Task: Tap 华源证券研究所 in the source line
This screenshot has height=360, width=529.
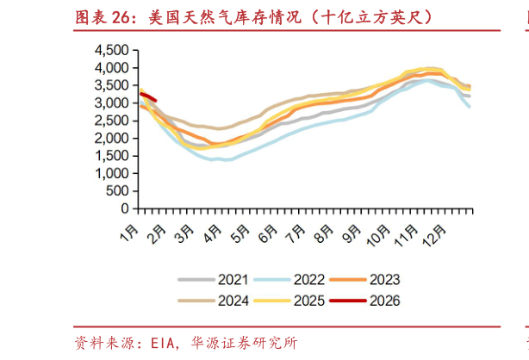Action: click(246, 343)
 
